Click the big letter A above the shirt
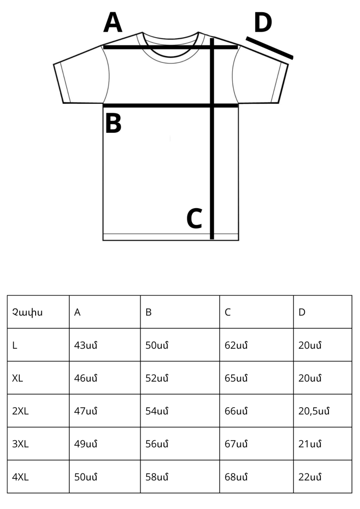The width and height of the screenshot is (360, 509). coord(113,22)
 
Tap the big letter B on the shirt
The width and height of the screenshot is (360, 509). coord(113,123)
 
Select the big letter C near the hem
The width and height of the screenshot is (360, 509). coord(195,218)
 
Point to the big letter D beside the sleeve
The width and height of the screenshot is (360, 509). coord(263,22)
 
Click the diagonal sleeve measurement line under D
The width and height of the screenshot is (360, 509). coord(269,48)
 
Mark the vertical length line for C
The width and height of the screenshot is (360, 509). coord(212,138)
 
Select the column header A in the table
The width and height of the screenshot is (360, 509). coord(77,313)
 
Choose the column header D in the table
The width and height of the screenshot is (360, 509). coord(302,313)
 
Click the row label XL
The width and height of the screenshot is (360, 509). coord(17,378)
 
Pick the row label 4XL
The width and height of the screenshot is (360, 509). coord(20,477)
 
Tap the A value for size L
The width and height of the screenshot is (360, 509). coord(86,346)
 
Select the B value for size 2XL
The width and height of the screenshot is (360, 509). coord(157,411)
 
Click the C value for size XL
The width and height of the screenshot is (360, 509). coord(236,378)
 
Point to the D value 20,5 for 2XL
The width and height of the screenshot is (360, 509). coord(314,411)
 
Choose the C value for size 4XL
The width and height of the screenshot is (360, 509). coord(236,477)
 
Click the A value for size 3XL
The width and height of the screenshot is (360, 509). coord(86,444)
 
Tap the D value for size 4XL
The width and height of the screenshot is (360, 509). coord(310,477)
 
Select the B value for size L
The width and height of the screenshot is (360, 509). coord(157,346)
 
